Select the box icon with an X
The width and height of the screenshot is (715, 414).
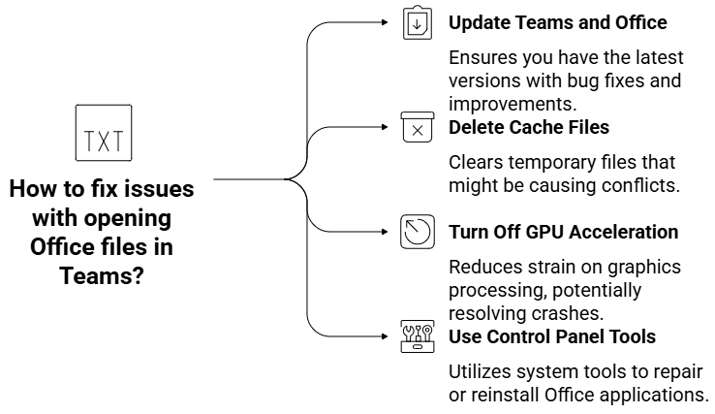pyautogui.click(x=417, y=128)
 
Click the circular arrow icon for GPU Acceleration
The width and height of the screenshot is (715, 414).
pyautogui.click(x=417, y=232)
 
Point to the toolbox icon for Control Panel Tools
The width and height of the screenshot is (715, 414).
pyautogui.click(x=417, y=335)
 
